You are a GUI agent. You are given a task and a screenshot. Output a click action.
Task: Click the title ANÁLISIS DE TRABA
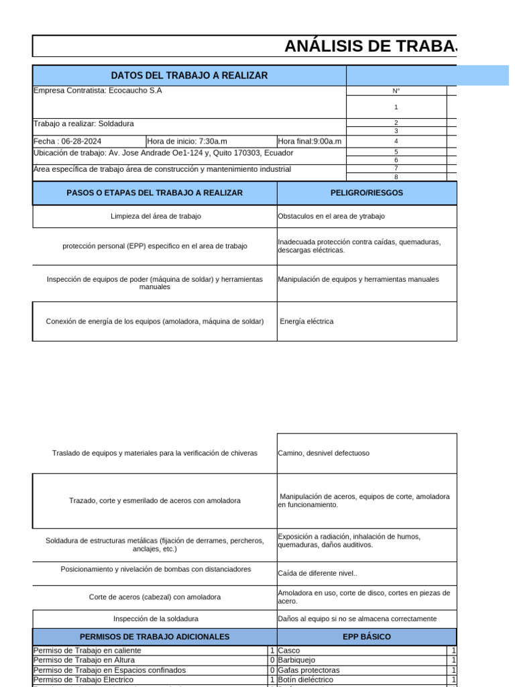pos(370,46)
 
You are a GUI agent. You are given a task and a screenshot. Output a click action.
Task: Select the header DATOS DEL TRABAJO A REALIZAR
pos(189,75)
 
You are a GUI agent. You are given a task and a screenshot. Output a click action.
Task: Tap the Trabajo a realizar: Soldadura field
pos(84,123)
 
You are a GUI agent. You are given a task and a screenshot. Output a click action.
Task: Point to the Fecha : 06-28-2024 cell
pos(67,142)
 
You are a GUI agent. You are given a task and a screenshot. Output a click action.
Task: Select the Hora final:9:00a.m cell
pos(310,142)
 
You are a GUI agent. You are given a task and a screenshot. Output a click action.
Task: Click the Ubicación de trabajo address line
pos(163,153)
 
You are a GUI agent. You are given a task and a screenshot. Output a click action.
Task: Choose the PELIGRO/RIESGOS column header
pos(367,193)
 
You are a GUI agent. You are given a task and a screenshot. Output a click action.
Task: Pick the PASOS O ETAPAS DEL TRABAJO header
pos(154,193)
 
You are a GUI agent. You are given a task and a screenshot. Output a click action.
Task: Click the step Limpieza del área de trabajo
pos(156,216)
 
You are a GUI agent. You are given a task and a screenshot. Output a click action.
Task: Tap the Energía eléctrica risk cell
pos(306,321)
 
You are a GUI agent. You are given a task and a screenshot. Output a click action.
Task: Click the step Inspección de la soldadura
pos(156,619)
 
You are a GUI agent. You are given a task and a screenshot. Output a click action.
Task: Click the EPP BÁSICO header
pos(367,636)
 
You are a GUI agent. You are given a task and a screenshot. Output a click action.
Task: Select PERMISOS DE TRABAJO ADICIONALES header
pos(154,636)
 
